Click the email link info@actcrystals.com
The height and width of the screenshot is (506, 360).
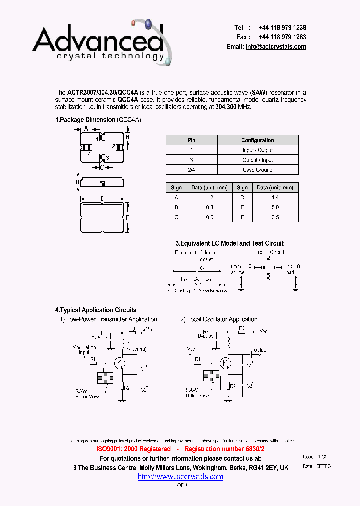(275, 46)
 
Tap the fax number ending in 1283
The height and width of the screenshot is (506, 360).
(282, 37)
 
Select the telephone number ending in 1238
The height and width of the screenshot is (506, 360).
(282, 28)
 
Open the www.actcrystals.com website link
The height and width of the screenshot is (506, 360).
(180, 476)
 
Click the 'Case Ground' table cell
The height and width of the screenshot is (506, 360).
(257, 170)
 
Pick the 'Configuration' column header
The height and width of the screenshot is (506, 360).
(257, 140)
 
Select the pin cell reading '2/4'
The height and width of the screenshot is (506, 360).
(191, 170)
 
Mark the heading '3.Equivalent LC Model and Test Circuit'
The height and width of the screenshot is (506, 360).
(229, 243)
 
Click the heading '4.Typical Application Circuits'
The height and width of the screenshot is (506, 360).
(95, 310)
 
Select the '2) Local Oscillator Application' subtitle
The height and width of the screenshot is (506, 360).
(219, 319)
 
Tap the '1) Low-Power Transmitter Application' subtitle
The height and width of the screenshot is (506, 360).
(108, 319)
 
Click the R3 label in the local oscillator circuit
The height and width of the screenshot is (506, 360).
(241, 328)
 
